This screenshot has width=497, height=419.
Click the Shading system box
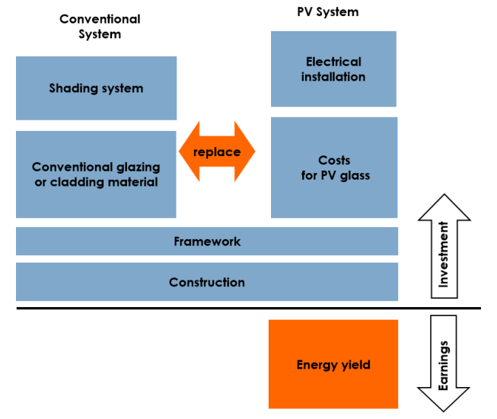click(96, 88)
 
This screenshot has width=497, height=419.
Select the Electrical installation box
click(333, 69)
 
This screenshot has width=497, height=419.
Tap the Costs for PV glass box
click(333, 168)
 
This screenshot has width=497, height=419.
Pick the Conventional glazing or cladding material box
click(96, 174)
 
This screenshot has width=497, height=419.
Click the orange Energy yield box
click(333, 364)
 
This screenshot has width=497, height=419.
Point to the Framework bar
click(207, 241)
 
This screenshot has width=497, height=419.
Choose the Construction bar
click(207, 282)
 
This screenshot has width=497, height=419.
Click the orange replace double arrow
click(217, 152)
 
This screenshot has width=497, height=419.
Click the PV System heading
click(327, 12)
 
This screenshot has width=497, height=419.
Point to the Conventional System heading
click(100, 27)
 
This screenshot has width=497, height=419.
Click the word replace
click(217, 152)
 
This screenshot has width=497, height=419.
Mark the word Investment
click(444, 260)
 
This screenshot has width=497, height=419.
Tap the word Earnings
click(444, 365)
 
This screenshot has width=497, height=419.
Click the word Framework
click(207, 241)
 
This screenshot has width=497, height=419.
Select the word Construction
click(207, 282)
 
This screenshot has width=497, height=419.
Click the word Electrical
click(333, 62)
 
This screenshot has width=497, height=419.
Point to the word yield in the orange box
click(355, 365)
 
